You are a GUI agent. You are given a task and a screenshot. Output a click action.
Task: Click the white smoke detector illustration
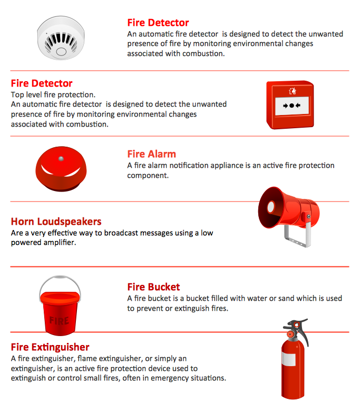tap(61, 38)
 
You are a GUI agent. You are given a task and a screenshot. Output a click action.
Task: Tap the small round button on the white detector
tap(61, 51)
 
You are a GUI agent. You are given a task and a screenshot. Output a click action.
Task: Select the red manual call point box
tap(290, 104)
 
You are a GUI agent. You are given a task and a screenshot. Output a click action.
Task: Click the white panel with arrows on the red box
tap(292, 106)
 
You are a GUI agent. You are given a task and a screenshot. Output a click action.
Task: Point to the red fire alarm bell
tap(61, 169)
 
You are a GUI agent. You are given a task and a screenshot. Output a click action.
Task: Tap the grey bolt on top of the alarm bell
tap(61, 159)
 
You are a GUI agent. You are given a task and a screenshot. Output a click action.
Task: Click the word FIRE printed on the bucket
tap(59, 320)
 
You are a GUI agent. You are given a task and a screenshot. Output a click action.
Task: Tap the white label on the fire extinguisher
tap(289, 359)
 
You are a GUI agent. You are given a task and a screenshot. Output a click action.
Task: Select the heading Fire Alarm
tap(152, 154)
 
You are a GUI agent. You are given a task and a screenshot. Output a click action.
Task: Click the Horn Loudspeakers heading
tap(56, 222)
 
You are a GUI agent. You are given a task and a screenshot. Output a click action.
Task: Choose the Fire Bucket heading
tap(153, 287)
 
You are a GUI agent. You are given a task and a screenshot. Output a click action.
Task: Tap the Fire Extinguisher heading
tap(50, 347)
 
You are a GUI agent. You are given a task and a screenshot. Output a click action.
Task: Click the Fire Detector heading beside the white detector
tap(158, 23)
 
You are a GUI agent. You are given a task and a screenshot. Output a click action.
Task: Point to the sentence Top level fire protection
tap(53, 94)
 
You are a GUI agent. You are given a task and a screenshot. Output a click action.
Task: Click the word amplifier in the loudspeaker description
tap(60, 243)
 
